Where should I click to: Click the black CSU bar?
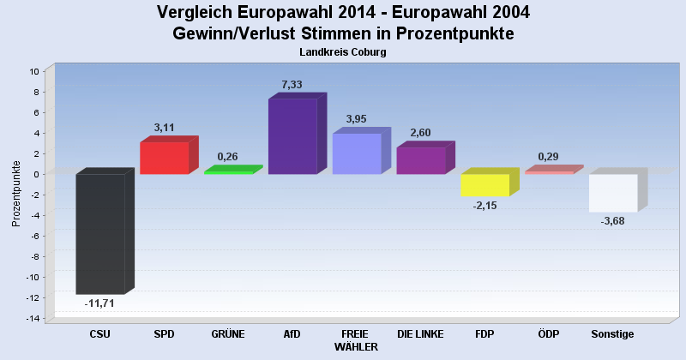pyautogui.click(x=100, y=233)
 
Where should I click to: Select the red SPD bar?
pyautogui.click(x=164, y=159)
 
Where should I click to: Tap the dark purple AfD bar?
pyautogui.click(x=292, y=137)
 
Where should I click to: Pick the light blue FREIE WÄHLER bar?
pyautogui.click(x=357, y=154)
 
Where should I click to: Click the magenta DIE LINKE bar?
pyautogui.click(x=420, y=161)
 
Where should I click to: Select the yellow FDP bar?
pyautogui.click(x=484, y=185)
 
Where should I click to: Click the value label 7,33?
pyautogui.click(x=292, y=85)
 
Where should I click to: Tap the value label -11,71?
pyautogui.click(x=99, y=303)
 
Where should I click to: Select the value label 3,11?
pyautogui.click(x=164, y=128)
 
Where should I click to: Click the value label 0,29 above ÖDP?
pyautogui.click(x=549, y=157)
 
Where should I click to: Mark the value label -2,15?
pyautogui.click(x=484, y=206)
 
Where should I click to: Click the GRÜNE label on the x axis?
pyautogui.click(x=227, y=333)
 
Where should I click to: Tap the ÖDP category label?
pyautogui.click(x=549, y=333)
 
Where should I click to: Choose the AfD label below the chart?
pyautogui.click(x=292, y=333)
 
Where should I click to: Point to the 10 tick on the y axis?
pyautogui.click(x=35, y=71)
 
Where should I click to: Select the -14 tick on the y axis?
pyautogui.click(x=33, y=319)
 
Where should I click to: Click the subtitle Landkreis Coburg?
pyautogui.click(x=343, y=52)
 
